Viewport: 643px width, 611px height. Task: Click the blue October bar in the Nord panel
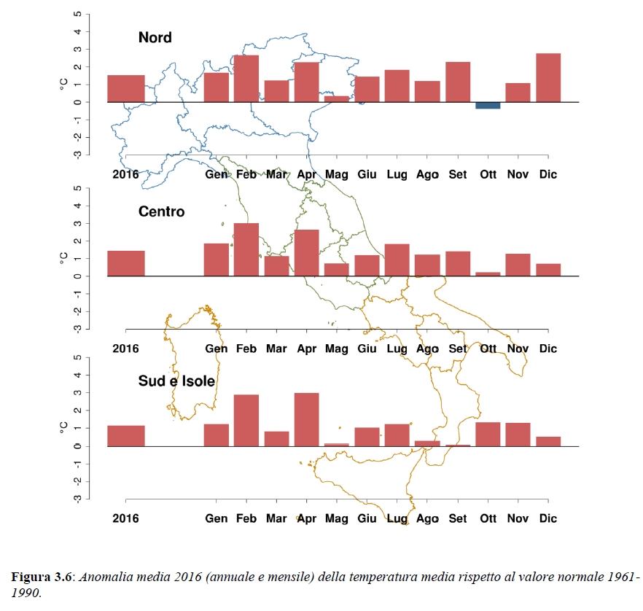point(488,106)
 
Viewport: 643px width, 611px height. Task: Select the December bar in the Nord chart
point(548,78)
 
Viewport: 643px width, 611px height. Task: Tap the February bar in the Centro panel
point(246,249)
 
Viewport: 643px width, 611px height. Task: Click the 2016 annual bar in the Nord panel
point(126,88)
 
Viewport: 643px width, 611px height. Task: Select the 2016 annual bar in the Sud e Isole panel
point(126,435)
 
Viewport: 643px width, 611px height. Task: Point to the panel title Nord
point(155,37)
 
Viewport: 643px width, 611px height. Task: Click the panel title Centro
point(162,212)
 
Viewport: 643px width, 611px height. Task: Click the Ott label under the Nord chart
point(488,174)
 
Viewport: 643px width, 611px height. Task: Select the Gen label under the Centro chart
point(217,349)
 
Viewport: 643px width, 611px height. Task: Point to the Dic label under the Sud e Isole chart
point(547,518)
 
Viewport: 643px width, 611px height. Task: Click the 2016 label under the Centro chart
point(126,349)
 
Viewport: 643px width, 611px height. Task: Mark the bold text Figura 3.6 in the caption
point(42,577)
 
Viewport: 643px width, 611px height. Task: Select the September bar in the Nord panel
point(458,82)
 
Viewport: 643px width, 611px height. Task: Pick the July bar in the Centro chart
point(397,260)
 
